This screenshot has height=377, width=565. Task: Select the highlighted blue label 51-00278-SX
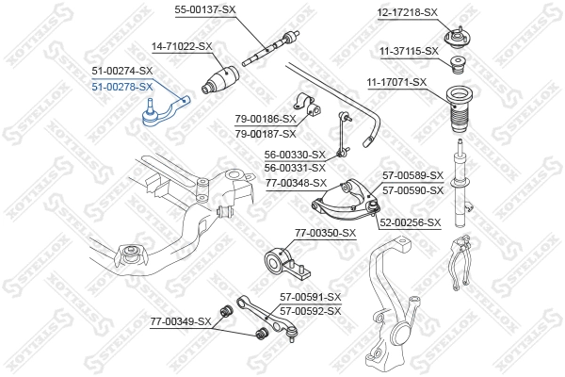coord(121,86)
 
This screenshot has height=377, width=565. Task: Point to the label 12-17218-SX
coord(408,12)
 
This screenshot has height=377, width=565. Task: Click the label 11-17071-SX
coord(396,82)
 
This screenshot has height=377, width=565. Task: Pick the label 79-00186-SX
coord(265,120)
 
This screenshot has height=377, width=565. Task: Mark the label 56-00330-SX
coord(294,155)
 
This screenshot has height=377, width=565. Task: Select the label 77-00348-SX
coord(296,182)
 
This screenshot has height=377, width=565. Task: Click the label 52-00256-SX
coord(410,222)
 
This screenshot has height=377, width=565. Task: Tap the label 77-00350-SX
coord(325,232)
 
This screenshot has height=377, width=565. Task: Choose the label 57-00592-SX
coord(310,310)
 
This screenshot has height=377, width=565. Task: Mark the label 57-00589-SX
coord(412,175)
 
